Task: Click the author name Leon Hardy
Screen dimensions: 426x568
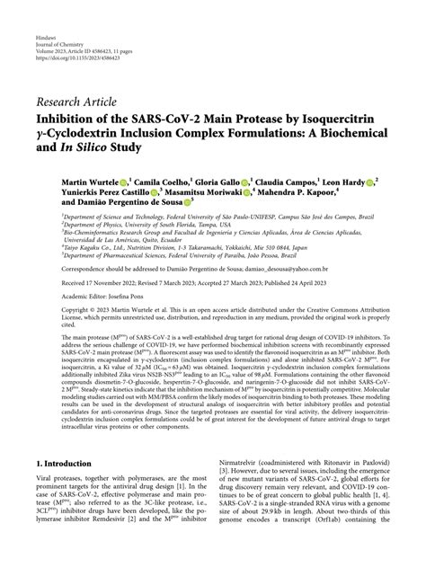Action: point(341,182)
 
